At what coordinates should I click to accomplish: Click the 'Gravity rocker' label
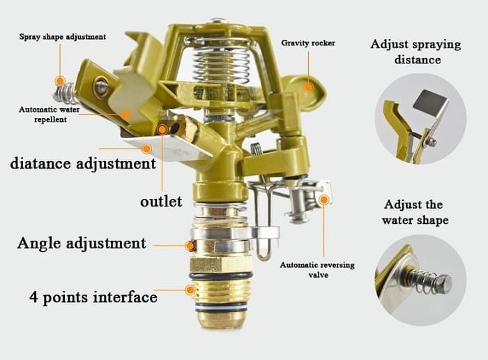pos(308,43)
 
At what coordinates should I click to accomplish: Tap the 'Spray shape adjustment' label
pos(63,36)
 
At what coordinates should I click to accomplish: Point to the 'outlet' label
pos(161,201)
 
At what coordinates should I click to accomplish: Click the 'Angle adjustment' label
pos(82,243)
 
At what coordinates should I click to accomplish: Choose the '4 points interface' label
pos(93,297)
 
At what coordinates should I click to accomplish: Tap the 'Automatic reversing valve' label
pos(313,270)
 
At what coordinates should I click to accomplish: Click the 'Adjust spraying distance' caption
pos(415,52)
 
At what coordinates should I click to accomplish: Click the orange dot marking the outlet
pos(162,129)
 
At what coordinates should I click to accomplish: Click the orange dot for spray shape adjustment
pos(60,81)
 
